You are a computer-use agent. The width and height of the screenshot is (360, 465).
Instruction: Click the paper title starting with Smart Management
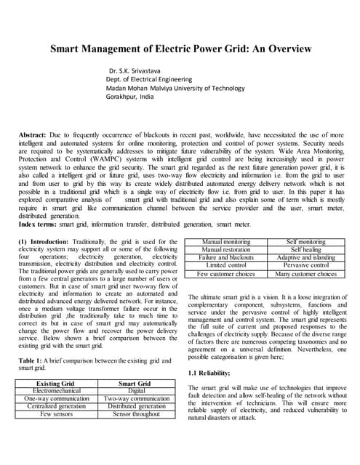click(x=180, y=49)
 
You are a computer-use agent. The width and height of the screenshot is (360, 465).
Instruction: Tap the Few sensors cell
click(x=56, y=414)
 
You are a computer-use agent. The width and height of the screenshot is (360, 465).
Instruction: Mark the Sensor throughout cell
click(x=134, y=414)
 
